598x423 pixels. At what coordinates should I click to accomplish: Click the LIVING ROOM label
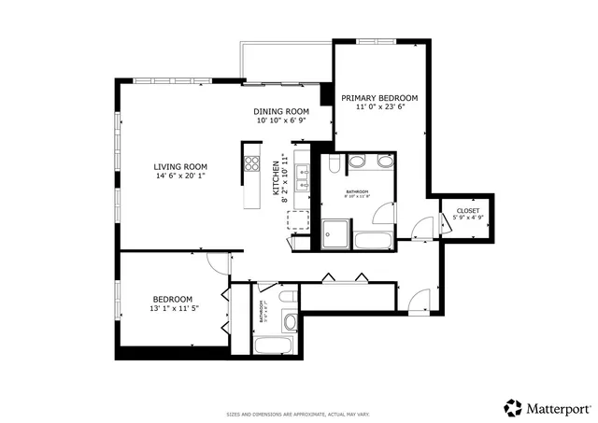point(180,167)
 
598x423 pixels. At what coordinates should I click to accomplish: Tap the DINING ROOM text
point(281,112)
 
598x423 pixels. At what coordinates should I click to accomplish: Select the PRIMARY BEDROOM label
point(378,98)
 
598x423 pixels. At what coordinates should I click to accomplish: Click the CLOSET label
point(467,211)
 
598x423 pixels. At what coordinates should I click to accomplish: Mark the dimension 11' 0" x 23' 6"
point(378,107)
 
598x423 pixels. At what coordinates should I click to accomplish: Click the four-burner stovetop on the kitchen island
point(250,164)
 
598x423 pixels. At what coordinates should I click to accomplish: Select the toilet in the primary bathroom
point(331,168)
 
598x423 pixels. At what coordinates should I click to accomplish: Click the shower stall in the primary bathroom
point(335,234)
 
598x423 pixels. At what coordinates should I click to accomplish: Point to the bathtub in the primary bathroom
point(375,240)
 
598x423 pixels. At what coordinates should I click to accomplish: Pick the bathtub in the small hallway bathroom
point(276,345)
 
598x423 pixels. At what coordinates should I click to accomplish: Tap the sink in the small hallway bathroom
point(290,322)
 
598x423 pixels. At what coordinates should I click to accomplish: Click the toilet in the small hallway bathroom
point(288,298)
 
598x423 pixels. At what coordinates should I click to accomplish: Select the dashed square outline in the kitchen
point(299,221)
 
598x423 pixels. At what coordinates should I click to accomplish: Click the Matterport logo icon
point(513,407)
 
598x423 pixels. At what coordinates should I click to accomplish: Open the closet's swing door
point(422,227)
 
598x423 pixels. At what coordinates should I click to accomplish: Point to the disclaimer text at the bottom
point(298,414)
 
